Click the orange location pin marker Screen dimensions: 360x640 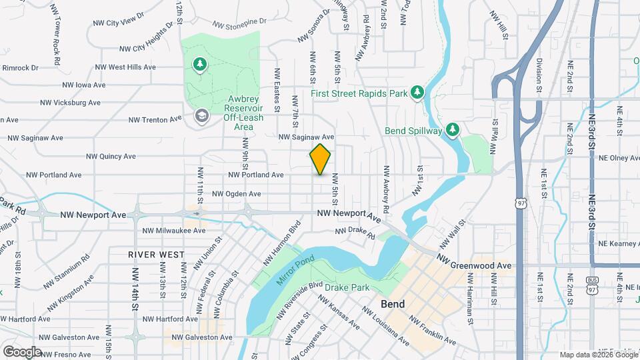point(321,159)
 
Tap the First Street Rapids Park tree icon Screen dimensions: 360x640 point(417,91)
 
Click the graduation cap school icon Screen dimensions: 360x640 point(200,117)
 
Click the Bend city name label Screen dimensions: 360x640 point(393,303)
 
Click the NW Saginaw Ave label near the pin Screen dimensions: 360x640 point(306,137)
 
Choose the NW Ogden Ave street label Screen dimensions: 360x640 point(236,194)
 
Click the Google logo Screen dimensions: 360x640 point(22,351)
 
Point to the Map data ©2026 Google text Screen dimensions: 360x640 point(597,355)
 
